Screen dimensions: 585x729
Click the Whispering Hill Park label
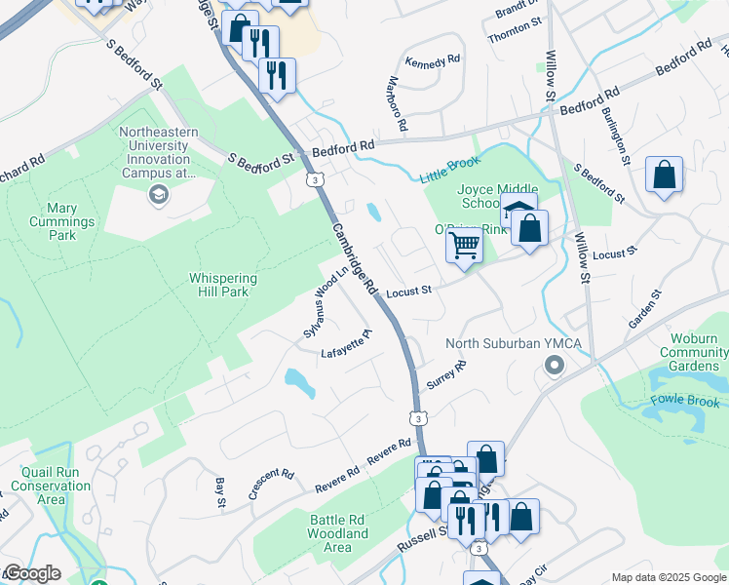click(x=223, y=285)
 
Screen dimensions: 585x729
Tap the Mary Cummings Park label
click(x=75, y=221)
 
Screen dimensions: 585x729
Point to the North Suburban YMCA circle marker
click(x=555, y=367)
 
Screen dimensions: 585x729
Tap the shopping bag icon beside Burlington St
click(x=664, y=176)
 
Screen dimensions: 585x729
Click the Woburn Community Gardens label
click(x=693, y=352)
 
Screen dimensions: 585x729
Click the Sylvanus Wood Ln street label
click(x=326, y=303)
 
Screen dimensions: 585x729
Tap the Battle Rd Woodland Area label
click(x=337, y=533)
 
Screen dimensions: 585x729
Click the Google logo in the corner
click(x=32, y=573)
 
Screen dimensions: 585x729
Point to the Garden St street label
click(x=644, y=309)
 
